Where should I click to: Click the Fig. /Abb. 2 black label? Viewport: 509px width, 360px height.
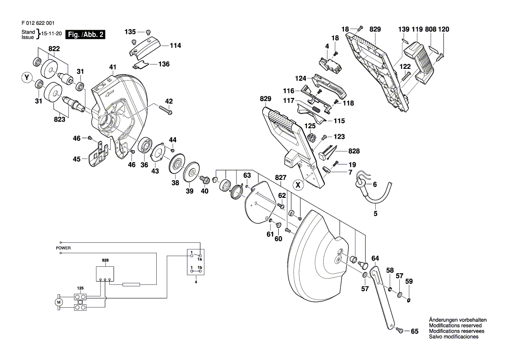tap(84, 35)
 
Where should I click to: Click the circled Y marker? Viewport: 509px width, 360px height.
tap(27, 78)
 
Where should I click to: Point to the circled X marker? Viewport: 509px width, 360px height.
tap(298, 185)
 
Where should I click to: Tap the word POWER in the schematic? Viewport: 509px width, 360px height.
tap(63, 248)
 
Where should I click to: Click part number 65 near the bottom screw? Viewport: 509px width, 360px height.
tap(414, 332)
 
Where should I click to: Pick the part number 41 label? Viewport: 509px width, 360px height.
tap(113, 67)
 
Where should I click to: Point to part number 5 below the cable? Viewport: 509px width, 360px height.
tap(375, 214)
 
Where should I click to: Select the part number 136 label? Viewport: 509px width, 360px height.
tap(164, 64)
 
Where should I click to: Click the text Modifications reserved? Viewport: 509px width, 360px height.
tap(455, 326)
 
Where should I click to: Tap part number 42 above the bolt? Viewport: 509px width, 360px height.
tap(169, 101)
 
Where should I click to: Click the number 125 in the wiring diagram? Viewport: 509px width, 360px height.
tap(80, 288)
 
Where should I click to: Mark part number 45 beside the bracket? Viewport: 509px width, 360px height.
tap(77, 159)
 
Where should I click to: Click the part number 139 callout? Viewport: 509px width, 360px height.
tap(404, 29)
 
